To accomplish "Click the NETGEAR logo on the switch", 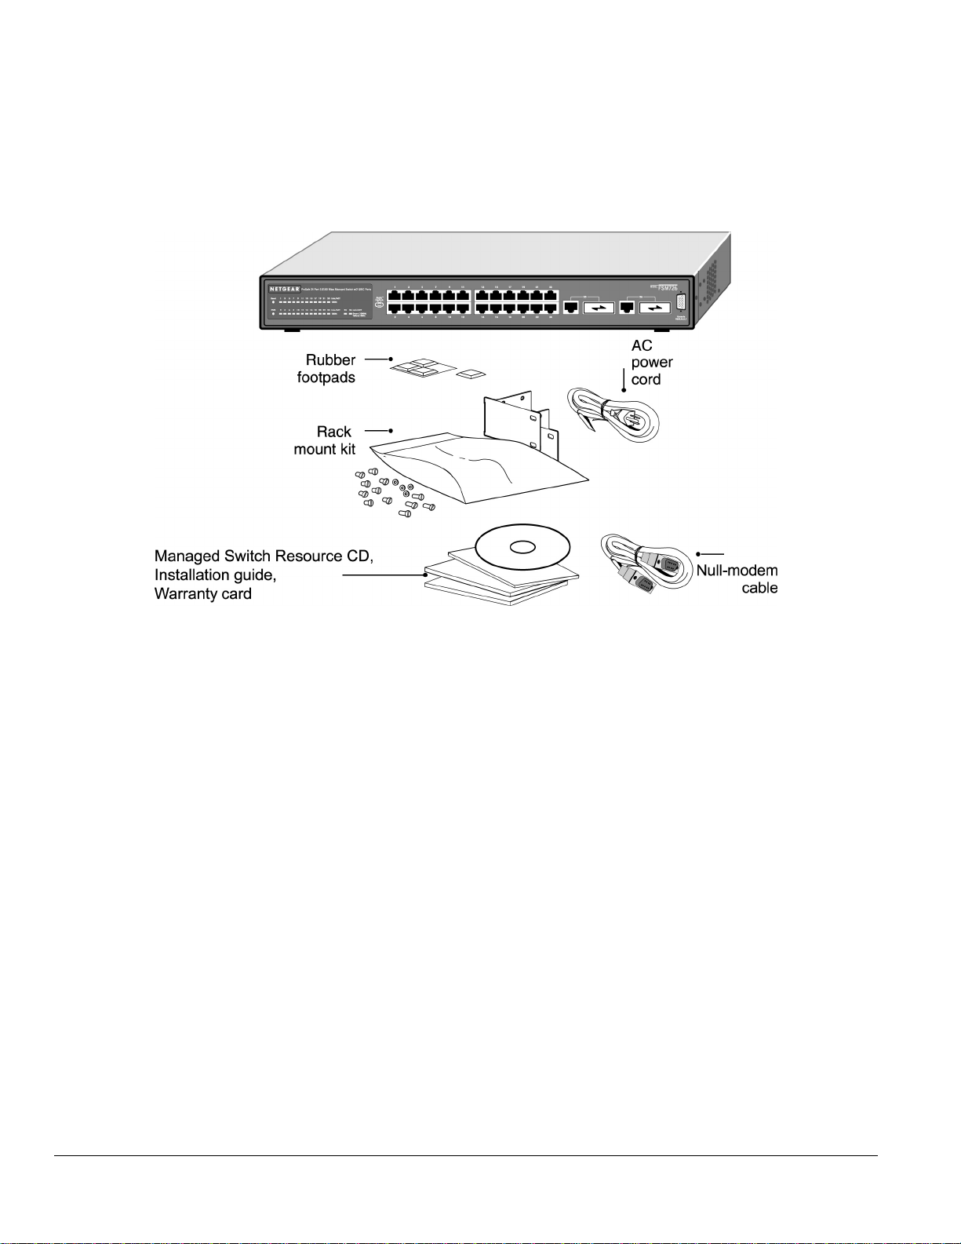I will (x=285, y=290).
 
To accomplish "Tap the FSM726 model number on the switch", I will (x=668, y=288).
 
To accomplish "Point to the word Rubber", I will (x=330, y=360).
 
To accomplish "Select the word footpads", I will (x=326, y=378).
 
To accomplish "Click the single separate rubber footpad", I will (x=471, y=374).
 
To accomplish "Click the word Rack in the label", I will (x=333, y=432).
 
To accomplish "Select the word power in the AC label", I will (x=651, y=363).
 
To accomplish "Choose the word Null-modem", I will (x=737, y=571).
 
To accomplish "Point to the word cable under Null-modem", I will (x=759, y=588).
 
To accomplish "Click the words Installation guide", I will (x=215, y=575).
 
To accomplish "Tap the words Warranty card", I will (x=202, y=594).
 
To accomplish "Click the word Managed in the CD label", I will (x=187, y=556).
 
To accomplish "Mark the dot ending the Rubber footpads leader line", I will (x=391, y=359).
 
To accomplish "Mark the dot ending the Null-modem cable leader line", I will (x=698, y=554).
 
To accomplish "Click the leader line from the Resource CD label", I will (x=384, y=575).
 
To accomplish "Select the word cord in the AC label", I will (x=646, y=380).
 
